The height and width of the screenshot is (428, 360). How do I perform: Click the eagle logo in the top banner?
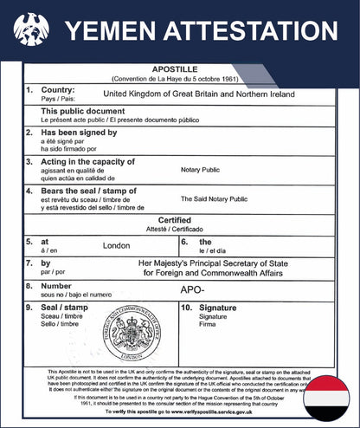coord(31,32)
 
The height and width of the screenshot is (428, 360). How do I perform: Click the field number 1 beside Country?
coord(30,89)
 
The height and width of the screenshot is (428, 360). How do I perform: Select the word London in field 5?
coord(116,245)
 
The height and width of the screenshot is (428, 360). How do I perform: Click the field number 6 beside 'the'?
coord(183,241)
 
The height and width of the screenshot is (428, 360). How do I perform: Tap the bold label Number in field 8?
coord(56,284)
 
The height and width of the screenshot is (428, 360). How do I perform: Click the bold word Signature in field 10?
coord(217,308)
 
